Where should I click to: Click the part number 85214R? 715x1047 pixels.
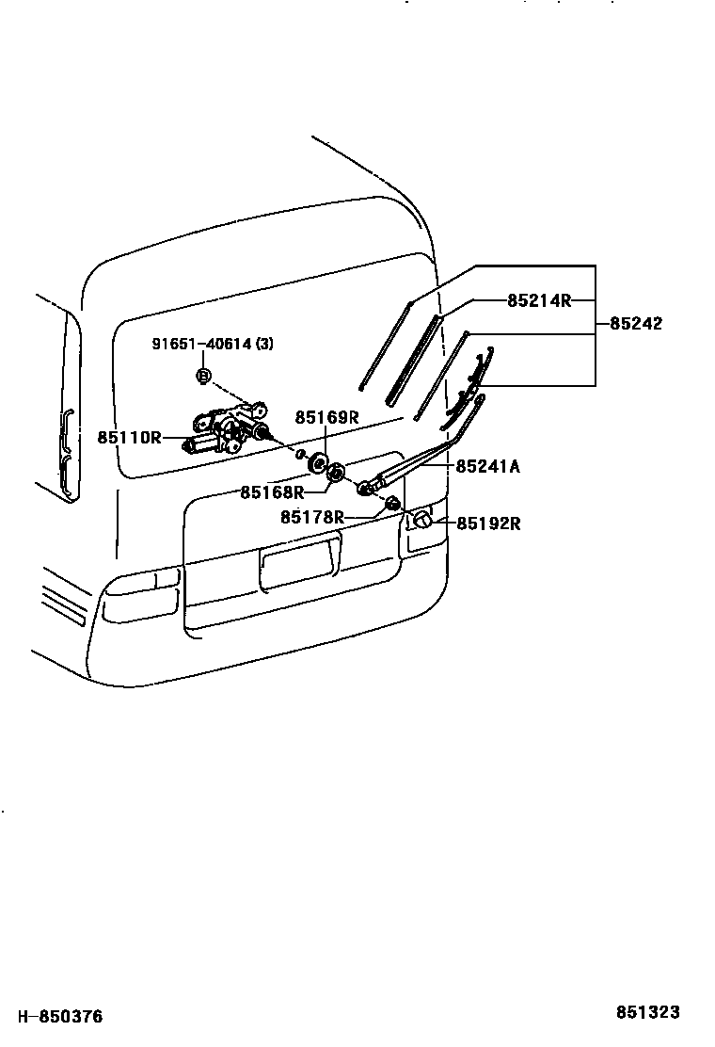[x=539, y=300]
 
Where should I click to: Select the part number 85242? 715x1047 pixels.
[x=636, y=323]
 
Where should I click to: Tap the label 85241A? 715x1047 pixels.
[x=488, y=465]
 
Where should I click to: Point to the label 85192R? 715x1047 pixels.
[x=488, y=523]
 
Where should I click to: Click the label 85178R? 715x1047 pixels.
[x=311, y=517]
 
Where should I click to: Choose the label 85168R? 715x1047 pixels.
[x=272, y=491]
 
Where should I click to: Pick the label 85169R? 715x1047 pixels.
[x=327, y=417]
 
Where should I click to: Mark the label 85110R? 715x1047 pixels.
[x=129, y=438]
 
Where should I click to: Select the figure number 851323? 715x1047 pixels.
[x=647, y=1012]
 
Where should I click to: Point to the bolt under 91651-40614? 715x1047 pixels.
[x=203, y=376]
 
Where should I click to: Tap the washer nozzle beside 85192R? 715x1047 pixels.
[x=421, y=519]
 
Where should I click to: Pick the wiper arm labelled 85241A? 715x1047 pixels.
[x=414, y=461]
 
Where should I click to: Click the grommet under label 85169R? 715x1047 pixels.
[x=318, y=462]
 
